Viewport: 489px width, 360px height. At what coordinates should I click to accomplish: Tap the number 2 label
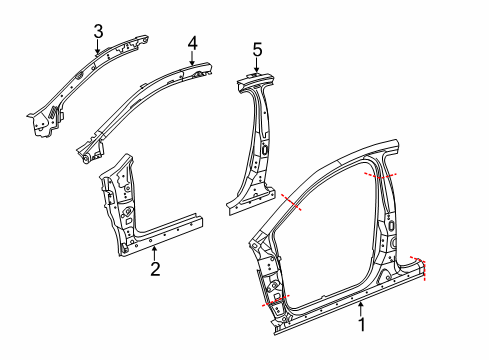pos(155,268)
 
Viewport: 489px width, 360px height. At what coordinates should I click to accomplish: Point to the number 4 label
pos(192,42)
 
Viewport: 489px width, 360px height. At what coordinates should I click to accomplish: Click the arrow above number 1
pos(362,305)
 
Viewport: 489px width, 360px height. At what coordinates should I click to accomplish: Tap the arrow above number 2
pos(154,250)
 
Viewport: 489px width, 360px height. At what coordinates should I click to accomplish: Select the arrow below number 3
pos(97,48)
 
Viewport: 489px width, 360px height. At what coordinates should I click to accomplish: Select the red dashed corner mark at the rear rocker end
pos(423,268)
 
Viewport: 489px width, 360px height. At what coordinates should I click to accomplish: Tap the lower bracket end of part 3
pos(43,125)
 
